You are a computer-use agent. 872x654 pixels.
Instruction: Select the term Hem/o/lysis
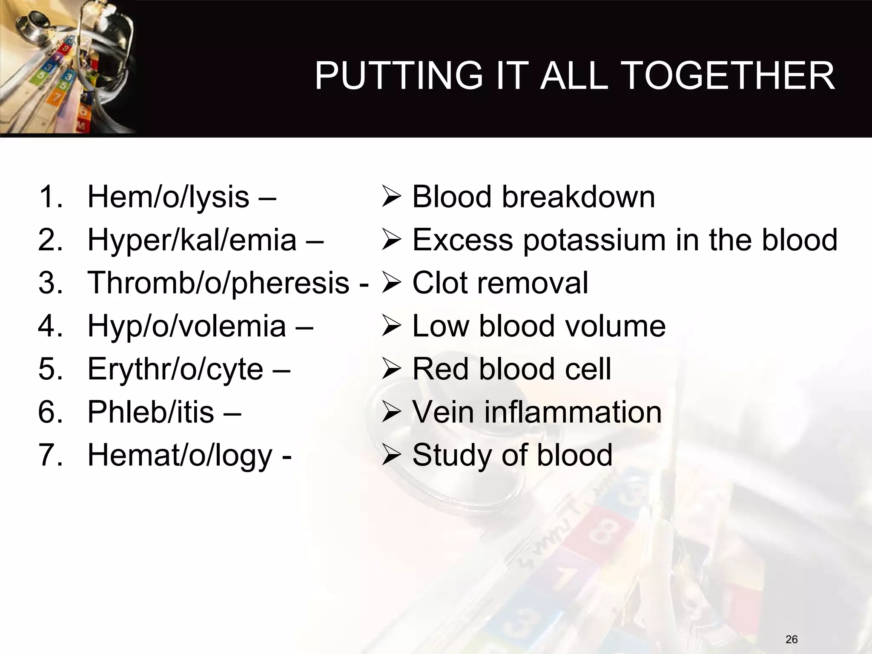(x=168, y=197)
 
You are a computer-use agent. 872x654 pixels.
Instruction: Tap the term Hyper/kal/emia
(x=192, y=240)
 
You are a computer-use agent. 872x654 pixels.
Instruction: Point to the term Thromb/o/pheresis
(x=218, y=283)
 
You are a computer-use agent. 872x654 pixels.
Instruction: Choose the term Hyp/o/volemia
(x=186, y=326)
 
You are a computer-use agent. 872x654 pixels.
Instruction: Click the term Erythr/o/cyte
(x=175, y=369)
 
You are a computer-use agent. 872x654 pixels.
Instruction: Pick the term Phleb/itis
(x=150, y=412)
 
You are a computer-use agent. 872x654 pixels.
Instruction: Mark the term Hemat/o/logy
(x=179, y=455)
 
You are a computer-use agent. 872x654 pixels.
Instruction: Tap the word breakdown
(x=578, y=197)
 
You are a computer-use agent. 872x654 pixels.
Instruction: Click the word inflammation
(x=573, y=412)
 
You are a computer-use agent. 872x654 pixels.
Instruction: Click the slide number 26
(x=792, y=639)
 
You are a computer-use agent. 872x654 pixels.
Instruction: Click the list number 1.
(x=48, y=197)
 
